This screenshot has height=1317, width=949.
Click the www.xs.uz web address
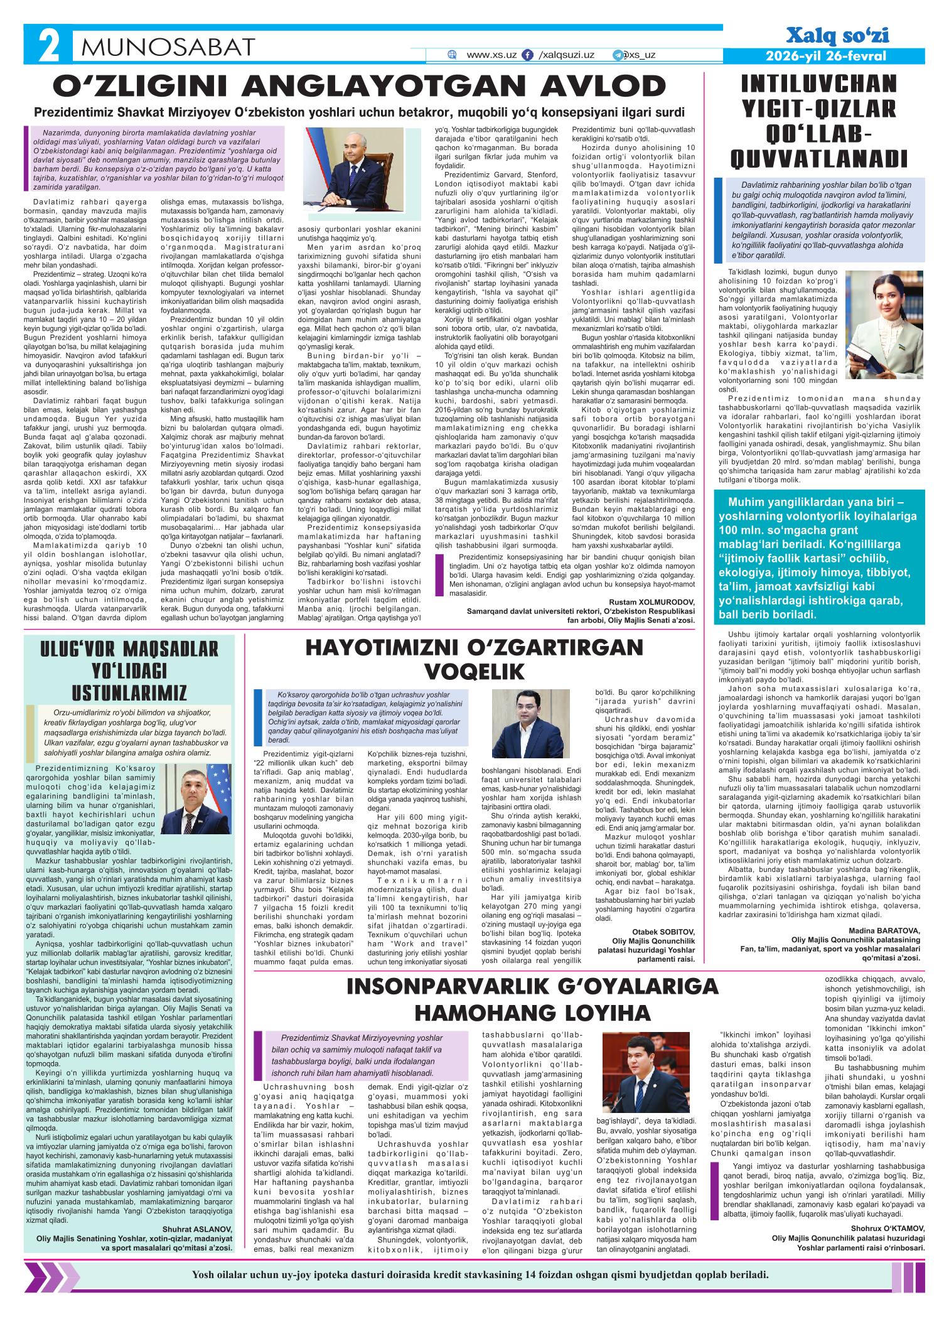491,55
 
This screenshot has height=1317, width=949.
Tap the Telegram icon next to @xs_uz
618,55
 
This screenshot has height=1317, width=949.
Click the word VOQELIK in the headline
474,673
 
